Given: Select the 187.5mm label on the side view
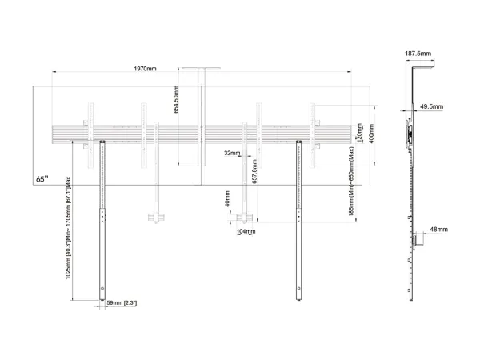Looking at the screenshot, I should [418, 53].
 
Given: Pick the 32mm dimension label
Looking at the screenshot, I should [232, 152].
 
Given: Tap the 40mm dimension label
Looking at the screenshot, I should [228, 197].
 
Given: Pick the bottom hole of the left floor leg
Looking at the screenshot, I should [102, 289].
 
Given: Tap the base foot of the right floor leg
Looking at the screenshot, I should [298, 298].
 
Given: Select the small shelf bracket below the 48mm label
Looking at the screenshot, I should [417, 239].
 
